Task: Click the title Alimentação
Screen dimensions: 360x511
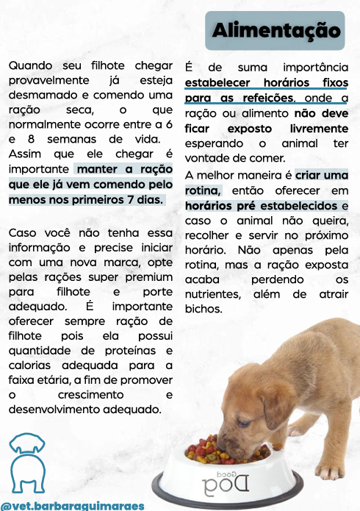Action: click(277, 31)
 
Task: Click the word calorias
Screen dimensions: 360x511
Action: click(32, 365)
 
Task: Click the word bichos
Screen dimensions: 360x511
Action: click(204, 309)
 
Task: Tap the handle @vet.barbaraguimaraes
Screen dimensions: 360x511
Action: click(72, 505)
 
